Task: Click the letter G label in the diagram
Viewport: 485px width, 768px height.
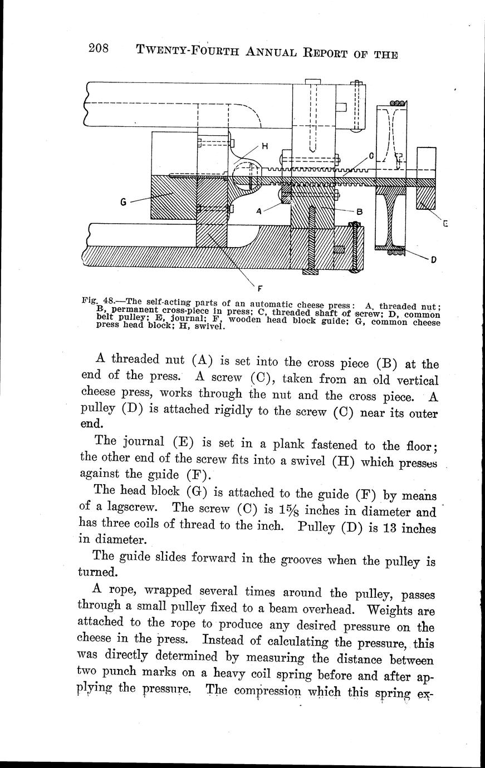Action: point(123,203)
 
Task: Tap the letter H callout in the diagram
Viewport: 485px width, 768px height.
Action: point(264,146)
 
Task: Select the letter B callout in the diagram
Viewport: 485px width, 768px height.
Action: point(359,211)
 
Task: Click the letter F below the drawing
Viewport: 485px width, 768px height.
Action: point(259,288)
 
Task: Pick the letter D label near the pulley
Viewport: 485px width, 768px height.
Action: point(433,259)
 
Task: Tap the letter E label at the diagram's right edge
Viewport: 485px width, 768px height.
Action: point(445,224)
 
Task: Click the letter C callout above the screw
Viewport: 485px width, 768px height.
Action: point(371,156)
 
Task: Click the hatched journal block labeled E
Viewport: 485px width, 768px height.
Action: point(426,197)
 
